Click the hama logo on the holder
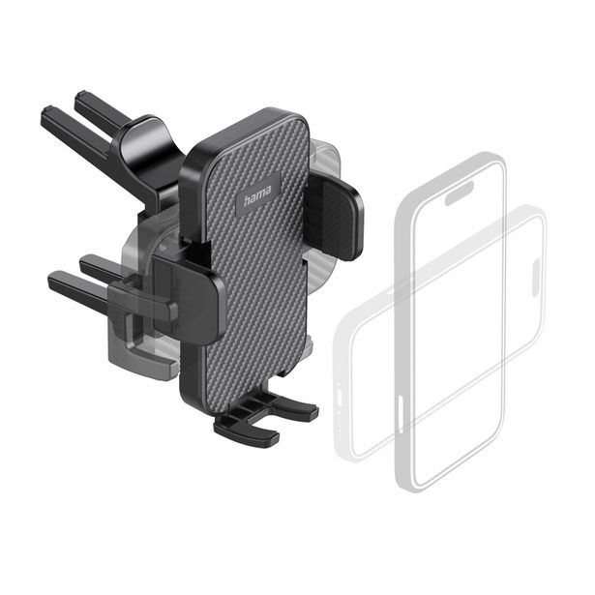(257, 195)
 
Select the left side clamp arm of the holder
(189, 296)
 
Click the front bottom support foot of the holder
(247, 431)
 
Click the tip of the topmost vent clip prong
(80, 95)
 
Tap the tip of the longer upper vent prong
(47, 112)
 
